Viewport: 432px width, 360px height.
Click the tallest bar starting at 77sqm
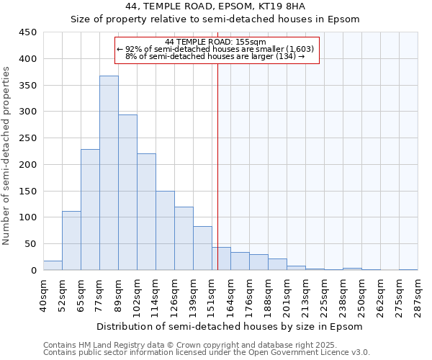tap(109, 173)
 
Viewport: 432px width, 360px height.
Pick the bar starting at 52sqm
tap(71, 240)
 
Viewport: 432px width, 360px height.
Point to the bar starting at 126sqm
tap(184, 238)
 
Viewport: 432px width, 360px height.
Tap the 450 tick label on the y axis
tap(28, 32)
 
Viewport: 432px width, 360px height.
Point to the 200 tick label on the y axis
tap(28, 164)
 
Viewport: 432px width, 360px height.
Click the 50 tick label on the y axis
tap(31, 244)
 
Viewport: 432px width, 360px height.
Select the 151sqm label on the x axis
tap(212, 295)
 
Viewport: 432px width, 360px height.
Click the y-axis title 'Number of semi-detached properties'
tap(6, 156)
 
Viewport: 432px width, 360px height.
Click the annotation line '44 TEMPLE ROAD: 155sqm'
tap(215, 42)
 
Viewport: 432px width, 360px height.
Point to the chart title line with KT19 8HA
tap(215, 6)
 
